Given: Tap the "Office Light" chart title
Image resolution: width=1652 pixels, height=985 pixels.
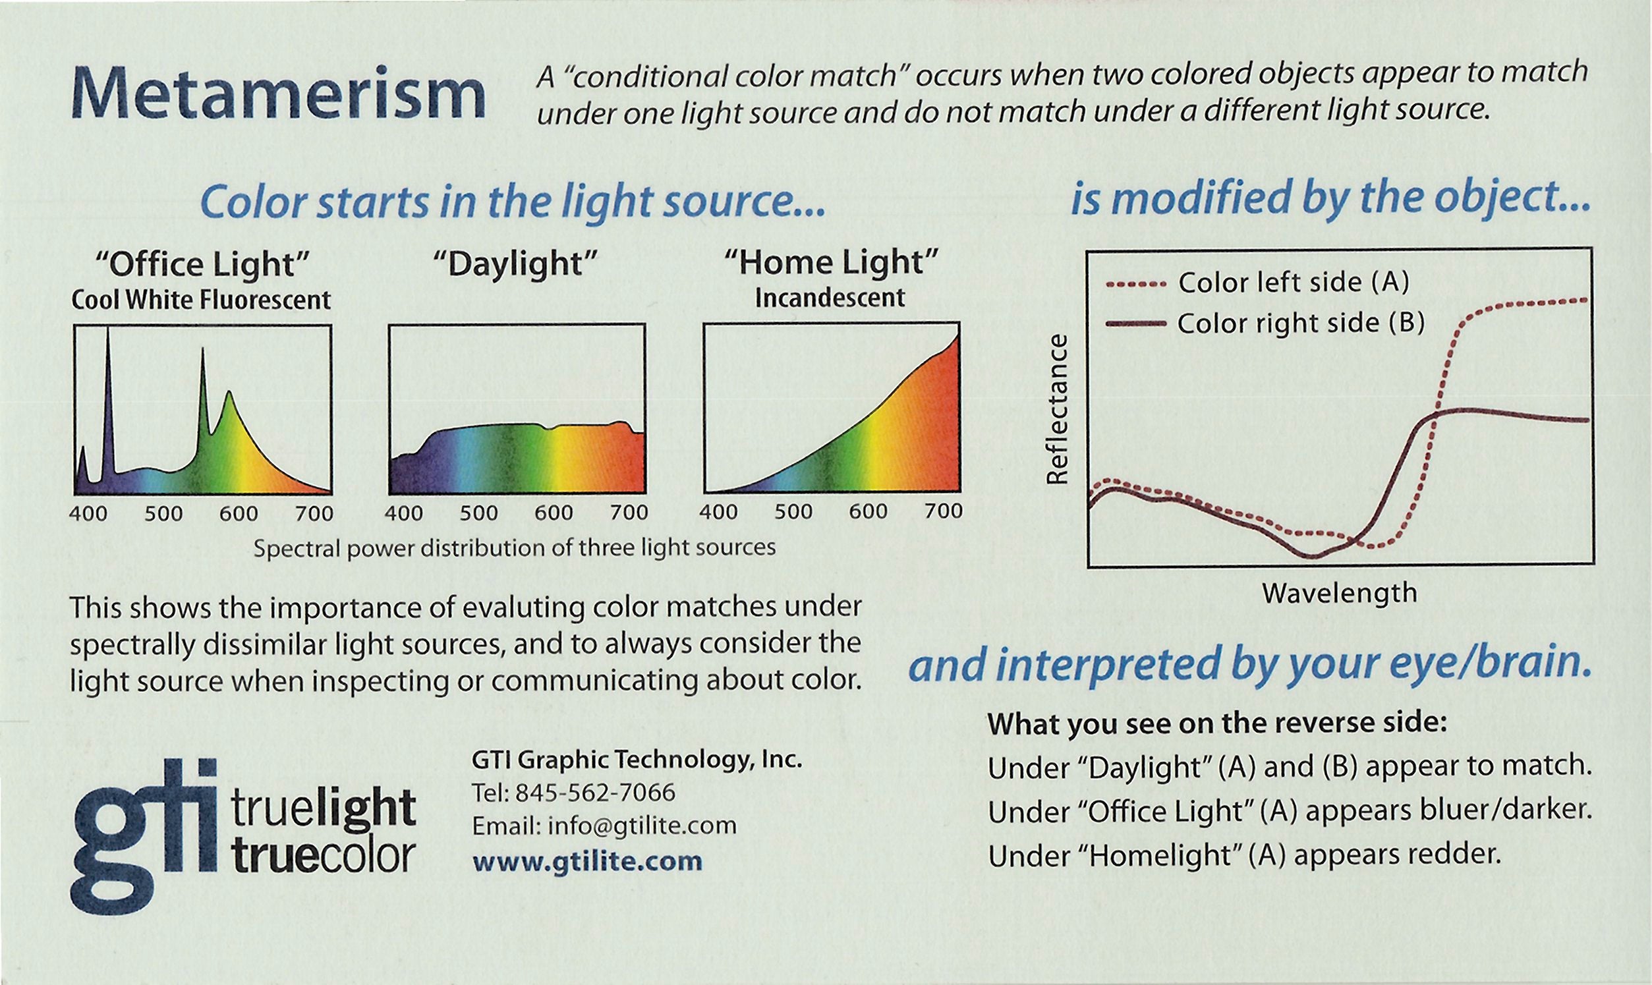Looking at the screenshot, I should (x=202, y=264).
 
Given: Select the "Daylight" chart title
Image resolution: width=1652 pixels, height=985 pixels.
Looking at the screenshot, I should (x=516, y=264).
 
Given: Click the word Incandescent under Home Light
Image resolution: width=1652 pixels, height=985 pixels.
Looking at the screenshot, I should (x=830, y=298).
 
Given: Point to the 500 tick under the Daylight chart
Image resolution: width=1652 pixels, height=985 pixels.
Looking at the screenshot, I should (x=478, y=513).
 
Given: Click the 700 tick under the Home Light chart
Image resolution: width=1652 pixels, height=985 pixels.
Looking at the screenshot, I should (x=942, y=511).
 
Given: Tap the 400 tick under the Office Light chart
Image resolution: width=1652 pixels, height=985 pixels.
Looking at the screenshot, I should (x=88, y=514).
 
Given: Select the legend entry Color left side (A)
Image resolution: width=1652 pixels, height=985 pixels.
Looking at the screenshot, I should (x=1293, y=283).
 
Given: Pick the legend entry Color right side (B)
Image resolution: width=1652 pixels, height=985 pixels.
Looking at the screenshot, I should (x=1300, y=324).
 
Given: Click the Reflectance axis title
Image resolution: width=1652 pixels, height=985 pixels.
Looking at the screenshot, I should (x=1057, y=409).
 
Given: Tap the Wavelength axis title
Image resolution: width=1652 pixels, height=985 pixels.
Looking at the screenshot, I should (x=1340, y=593).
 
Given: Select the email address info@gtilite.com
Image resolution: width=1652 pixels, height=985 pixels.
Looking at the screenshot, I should (x=641, y=826).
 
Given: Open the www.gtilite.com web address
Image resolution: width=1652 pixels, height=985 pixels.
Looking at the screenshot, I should (x=586, y=861).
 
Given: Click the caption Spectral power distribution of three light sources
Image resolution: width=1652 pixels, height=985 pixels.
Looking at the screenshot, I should (x=515, y=548).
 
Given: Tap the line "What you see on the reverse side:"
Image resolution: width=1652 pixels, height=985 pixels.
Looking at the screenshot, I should (x=1216, y=723).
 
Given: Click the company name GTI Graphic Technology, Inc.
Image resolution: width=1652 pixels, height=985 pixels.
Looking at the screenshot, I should (x=637, y=760).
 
